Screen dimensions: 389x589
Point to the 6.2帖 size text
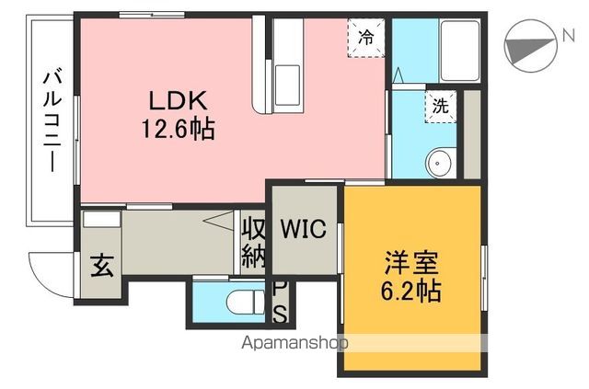pos(411,292)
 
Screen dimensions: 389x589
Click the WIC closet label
pos(303,229)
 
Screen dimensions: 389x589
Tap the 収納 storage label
pos(254,242)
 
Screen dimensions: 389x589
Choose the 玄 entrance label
pos(100,268)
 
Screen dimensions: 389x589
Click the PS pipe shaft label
pos(281,303)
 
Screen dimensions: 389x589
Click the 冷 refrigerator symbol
pos(366,38)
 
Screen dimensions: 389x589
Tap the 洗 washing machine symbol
pos(441,106)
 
